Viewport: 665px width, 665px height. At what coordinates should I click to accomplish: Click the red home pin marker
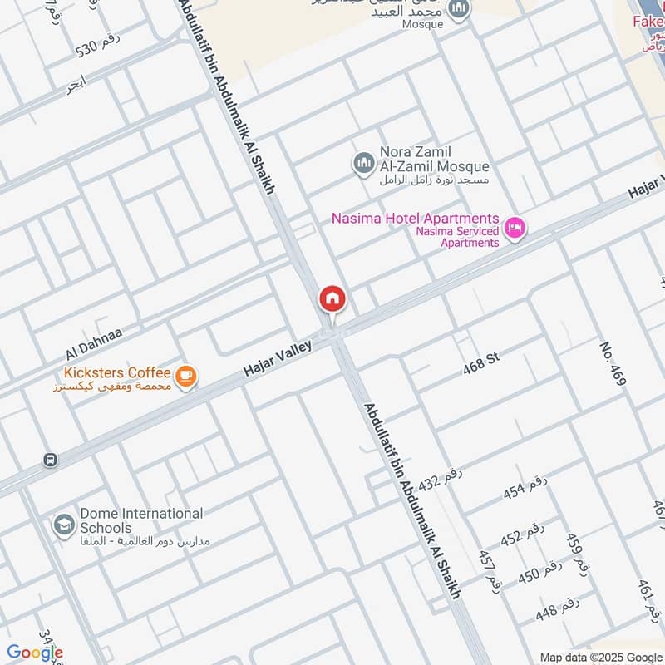pyautogui.click(x=332, y=299)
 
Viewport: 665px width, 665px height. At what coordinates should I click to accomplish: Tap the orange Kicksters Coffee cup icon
pyautogui.click(x=187, y=377)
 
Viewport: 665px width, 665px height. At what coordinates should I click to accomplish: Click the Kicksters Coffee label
pyautogui.click(x=115, y=373)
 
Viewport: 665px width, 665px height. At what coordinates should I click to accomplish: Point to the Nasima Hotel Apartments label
pyautogui.click(x=415, y=219)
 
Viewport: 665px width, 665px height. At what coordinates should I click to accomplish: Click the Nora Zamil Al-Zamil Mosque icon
pyautogui.click(x=363, y=162)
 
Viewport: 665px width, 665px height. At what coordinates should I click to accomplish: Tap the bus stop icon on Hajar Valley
pyautogui.click(x=51, y=460)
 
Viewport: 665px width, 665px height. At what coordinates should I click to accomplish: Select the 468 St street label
pyautogui.click(x=481, y=359)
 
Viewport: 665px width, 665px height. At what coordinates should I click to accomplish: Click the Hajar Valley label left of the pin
pyautogui.click(x=278, y=357)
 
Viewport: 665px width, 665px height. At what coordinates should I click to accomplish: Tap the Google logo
pyautogui.click(x=35, y=653)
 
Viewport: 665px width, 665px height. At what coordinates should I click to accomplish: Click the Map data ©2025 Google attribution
pyautogui.click(x=600, y=657)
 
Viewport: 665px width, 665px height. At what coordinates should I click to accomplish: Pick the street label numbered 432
pyautogui.click(x=440, y=480)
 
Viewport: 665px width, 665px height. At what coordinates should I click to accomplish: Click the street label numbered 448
pyautogui.click(x=557, y=612)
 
